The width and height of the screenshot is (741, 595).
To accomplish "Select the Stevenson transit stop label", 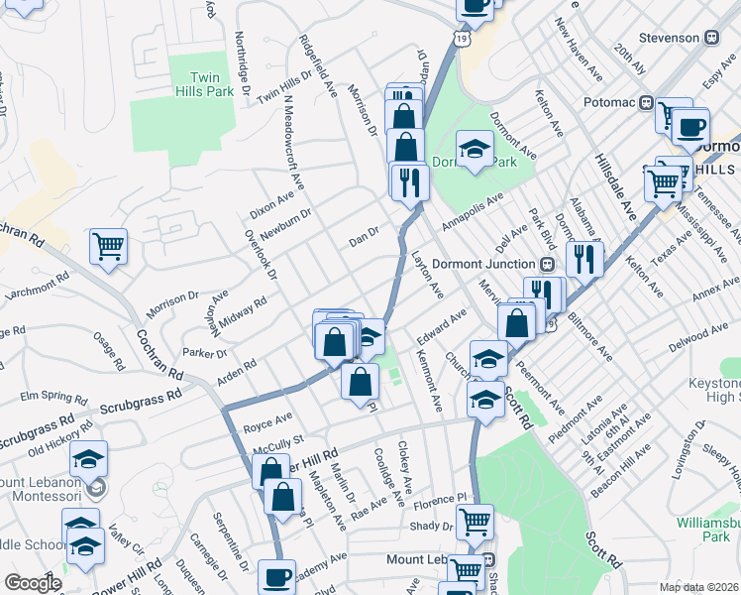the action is pyautogui.click(x=669, y=37).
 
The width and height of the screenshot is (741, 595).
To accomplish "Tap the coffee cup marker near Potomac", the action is pyautogui.click(x=690, y=126).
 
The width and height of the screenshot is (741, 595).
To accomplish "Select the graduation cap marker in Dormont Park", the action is pyautogui.click(x=476, y=150).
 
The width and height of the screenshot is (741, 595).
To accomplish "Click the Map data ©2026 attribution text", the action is pyautogui.click(x=698, y=587).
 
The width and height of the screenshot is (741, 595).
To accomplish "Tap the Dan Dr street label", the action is pyautogui.click(x=364, y=238).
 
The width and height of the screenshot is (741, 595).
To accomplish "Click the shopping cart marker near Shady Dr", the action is pyautogui.click(x=476, y=519).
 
